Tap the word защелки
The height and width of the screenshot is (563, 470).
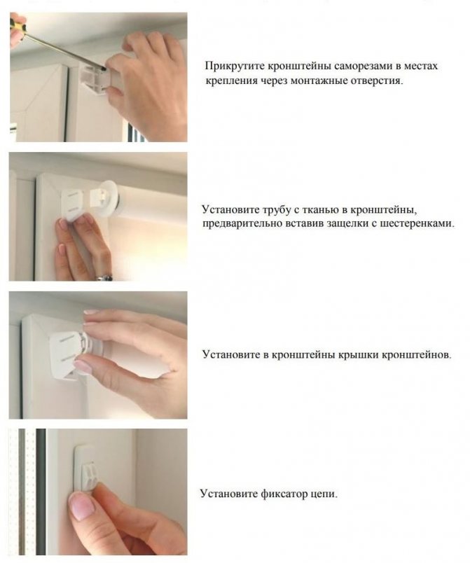tap(352, 223)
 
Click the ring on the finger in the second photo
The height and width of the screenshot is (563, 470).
tap(104, 277)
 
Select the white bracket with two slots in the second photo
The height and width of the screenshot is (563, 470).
tap(73, 204)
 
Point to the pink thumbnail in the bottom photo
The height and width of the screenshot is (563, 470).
tap(82, 506)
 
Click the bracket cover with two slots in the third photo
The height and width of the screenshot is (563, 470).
tap(66, 353)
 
